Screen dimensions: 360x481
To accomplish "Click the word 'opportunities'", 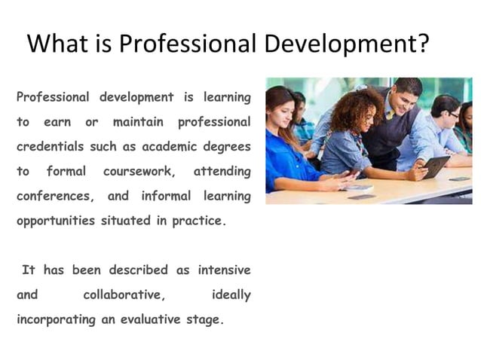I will (55, 221).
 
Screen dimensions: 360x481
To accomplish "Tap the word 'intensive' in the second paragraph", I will (224, 270).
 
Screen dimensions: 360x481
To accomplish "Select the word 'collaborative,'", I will (125, 294).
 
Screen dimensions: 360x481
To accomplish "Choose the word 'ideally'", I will (231, 294).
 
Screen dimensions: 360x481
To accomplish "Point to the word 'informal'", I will (165, 197).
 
